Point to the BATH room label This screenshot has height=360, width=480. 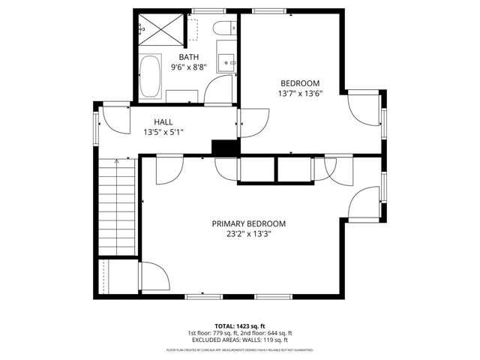[x=188, y=57]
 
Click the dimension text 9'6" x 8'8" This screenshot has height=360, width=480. [x=188, y=67]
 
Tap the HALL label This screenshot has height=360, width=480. [x=163, y=121]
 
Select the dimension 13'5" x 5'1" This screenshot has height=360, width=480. [x=163, y=132]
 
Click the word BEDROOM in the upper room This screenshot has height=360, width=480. [x=300, y=83]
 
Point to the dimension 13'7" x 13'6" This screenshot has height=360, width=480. [x=300, y=94]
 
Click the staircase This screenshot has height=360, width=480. [x=116, y=207]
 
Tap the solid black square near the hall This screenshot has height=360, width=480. [x=223, y=148]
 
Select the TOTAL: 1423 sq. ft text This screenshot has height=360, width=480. [x=240, y=325]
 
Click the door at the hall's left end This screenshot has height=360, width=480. [x=112, y=120]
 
